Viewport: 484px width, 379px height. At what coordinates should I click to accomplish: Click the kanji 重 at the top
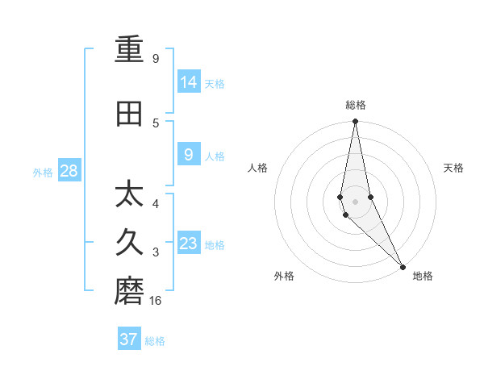[x=129, y=50]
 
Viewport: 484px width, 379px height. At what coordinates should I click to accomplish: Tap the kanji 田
[x=129, y=114]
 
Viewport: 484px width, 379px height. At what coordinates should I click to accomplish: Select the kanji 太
[x=129, y=195]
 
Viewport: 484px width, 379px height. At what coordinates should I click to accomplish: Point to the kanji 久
[x=129, y=243]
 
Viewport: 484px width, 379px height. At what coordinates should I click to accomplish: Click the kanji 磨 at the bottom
[x=129, y=292]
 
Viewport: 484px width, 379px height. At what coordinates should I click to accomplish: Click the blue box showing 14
[x=189, y=81]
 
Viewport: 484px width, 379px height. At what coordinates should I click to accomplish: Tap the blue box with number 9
[x=189, y=155]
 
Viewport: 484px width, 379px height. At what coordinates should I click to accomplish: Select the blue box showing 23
[x=189, y=244]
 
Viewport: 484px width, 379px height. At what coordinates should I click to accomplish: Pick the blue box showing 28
[x=69, y=170]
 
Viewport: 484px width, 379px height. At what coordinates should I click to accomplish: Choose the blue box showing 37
[x=129, y=339]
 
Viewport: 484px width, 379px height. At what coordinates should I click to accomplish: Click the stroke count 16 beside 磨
[x=156, y=301]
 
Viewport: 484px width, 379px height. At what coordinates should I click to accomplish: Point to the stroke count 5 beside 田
[x=156, y=123]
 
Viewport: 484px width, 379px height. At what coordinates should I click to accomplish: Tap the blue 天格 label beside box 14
[x=215, y=83]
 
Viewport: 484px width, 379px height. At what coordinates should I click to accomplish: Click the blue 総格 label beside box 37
[x=155, y=341]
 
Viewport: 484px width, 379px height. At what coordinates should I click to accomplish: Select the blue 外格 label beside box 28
[x=43, y=172]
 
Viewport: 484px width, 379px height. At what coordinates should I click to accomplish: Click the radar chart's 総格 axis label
[x=356, y=105]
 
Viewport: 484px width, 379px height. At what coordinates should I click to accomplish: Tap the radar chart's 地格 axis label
[x=423, y=276]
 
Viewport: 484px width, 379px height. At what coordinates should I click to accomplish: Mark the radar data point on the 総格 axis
[x=356, y=122]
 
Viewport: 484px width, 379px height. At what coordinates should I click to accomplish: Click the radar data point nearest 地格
[x=403, y=266]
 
